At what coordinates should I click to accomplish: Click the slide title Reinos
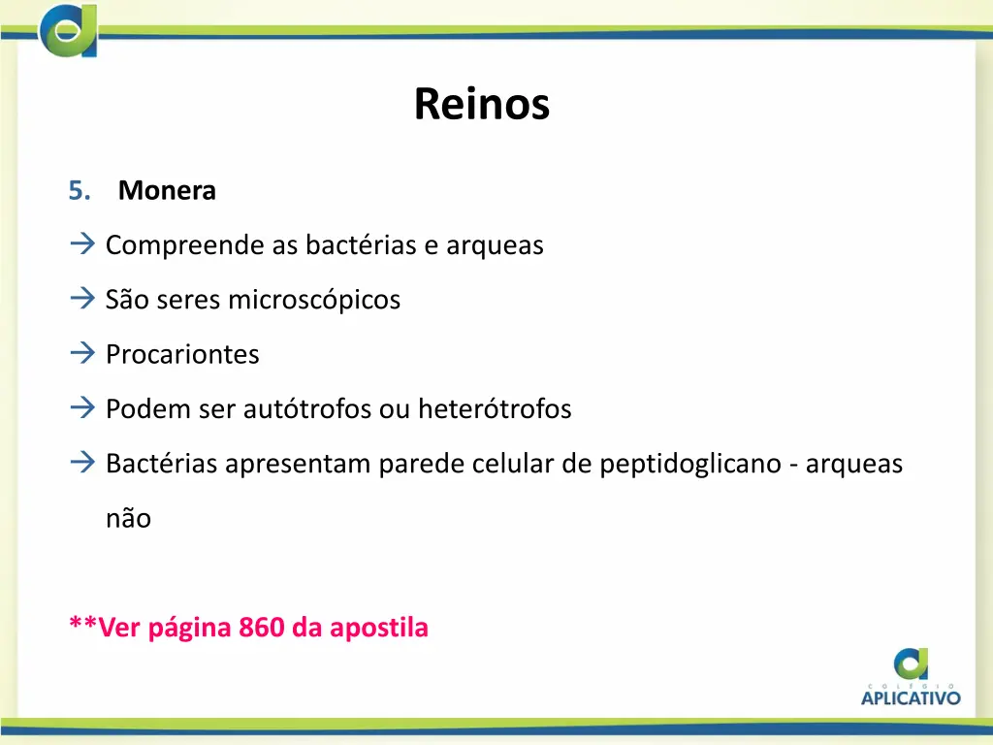coord(481,104)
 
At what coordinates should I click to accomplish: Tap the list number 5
coord(80,191)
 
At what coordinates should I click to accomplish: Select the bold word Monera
coord(167,191)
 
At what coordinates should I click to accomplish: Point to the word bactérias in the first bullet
coord(361,245)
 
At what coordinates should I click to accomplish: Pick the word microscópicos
coord(313,301)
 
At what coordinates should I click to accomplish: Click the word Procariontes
coord(182,355)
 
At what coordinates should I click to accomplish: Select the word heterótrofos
coord(495,409)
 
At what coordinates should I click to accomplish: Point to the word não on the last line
coord(128,519)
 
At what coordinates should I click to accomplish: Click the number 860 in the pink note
coord(261,628)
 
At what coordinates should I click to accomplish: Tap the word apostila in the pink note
coord(379,628)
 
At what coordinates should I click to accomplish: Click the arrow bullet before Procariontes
coord(81,354)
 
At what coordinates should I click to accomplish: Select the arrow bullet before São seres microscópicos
coord(81,300)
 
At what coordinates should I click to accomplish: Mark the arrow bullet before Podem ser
coord(81,408)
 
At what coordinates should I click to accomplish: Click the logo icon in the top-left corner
coord(68,30)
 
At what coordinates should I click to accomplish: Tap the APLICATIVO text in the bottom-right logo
coord(911,696)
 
